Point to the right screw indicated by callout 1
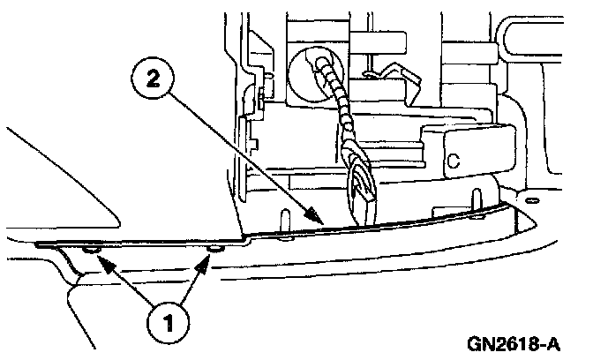click(x=212, y=251)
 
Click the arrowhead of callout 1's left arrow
click(x=99, y=259)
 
